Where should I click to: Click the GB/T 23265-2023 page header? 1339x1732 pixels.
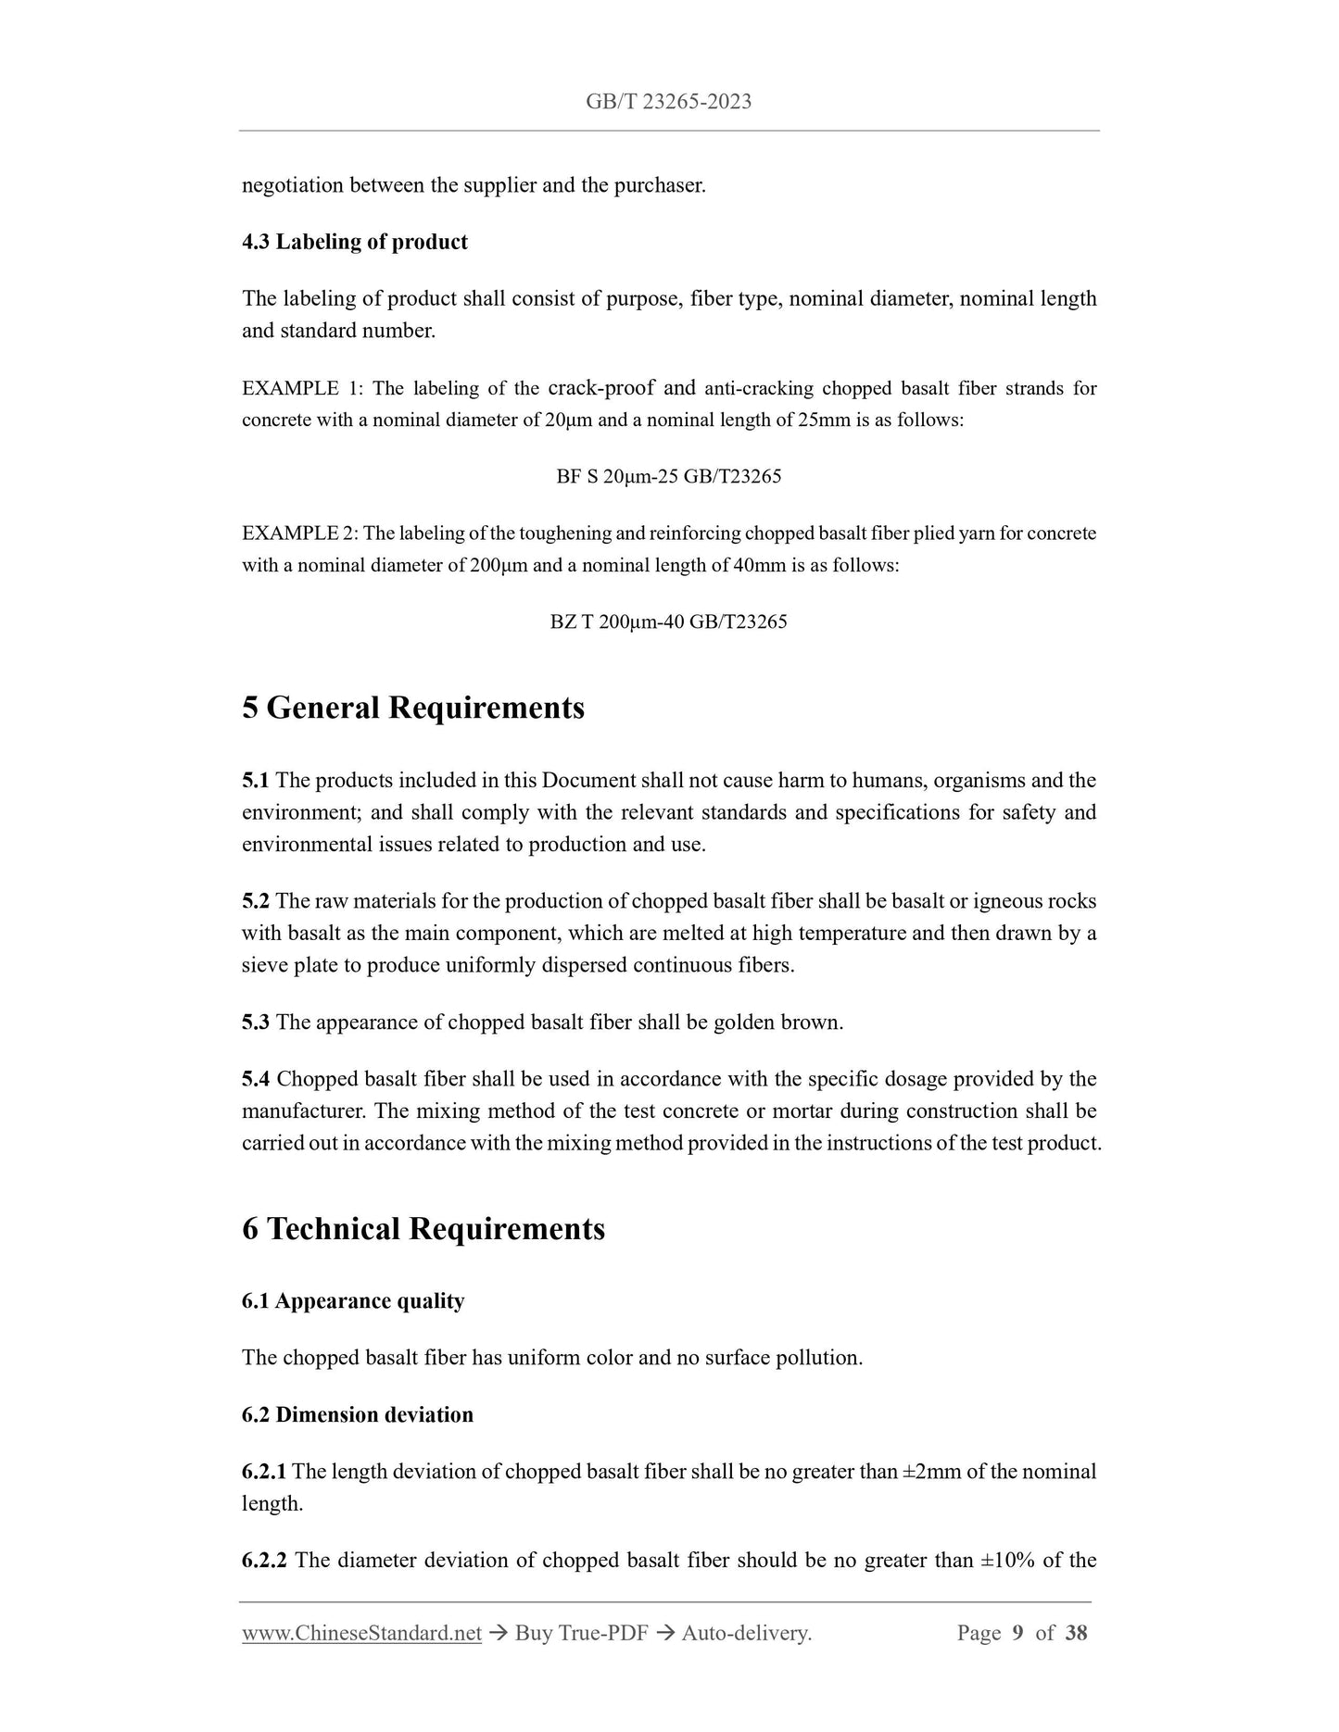[x=668, y=102]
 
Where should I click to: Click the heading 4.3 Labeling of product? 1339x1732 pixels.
[x=354, y=242]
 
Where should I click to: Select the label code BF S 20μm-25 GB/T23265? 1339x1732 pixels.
[x=668, y=477]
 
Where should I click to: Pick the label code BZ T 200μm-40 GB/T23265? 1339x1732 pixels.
[x=668, y=621]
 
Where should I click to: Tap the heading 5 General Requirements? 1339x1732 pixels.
[x=413, y=708]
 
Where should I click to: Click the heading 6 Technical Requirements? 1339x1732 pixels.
[x=423, y=1229]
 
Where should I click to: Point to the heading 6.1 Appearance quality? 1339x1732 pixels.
[x=353, y=1301]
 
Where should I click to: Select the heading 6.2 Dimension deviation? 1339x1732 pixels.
[x=358, y=1414]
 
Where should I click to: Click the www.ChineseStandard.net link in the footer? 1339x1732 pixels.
[x=361, y=1633]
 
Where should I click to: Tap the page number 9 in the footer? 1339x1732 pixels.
[x=1017, y=1633]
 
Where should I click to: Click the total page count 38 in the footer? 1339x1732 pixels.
[x=1076, y=1633]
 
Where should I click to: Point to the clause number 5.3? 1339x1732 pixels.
[x=256, y=1023]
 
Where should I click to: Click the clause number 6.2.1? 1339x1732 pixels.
[x=264, y=1471]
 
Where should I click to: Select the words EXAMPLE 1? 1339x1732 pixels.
[x=301, y=389]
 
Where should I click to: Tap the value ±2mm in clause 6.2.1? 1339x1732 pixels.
[x=932, y=1471]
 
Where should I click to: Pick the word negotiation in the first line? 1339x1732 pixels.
[x=293, y=185]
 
